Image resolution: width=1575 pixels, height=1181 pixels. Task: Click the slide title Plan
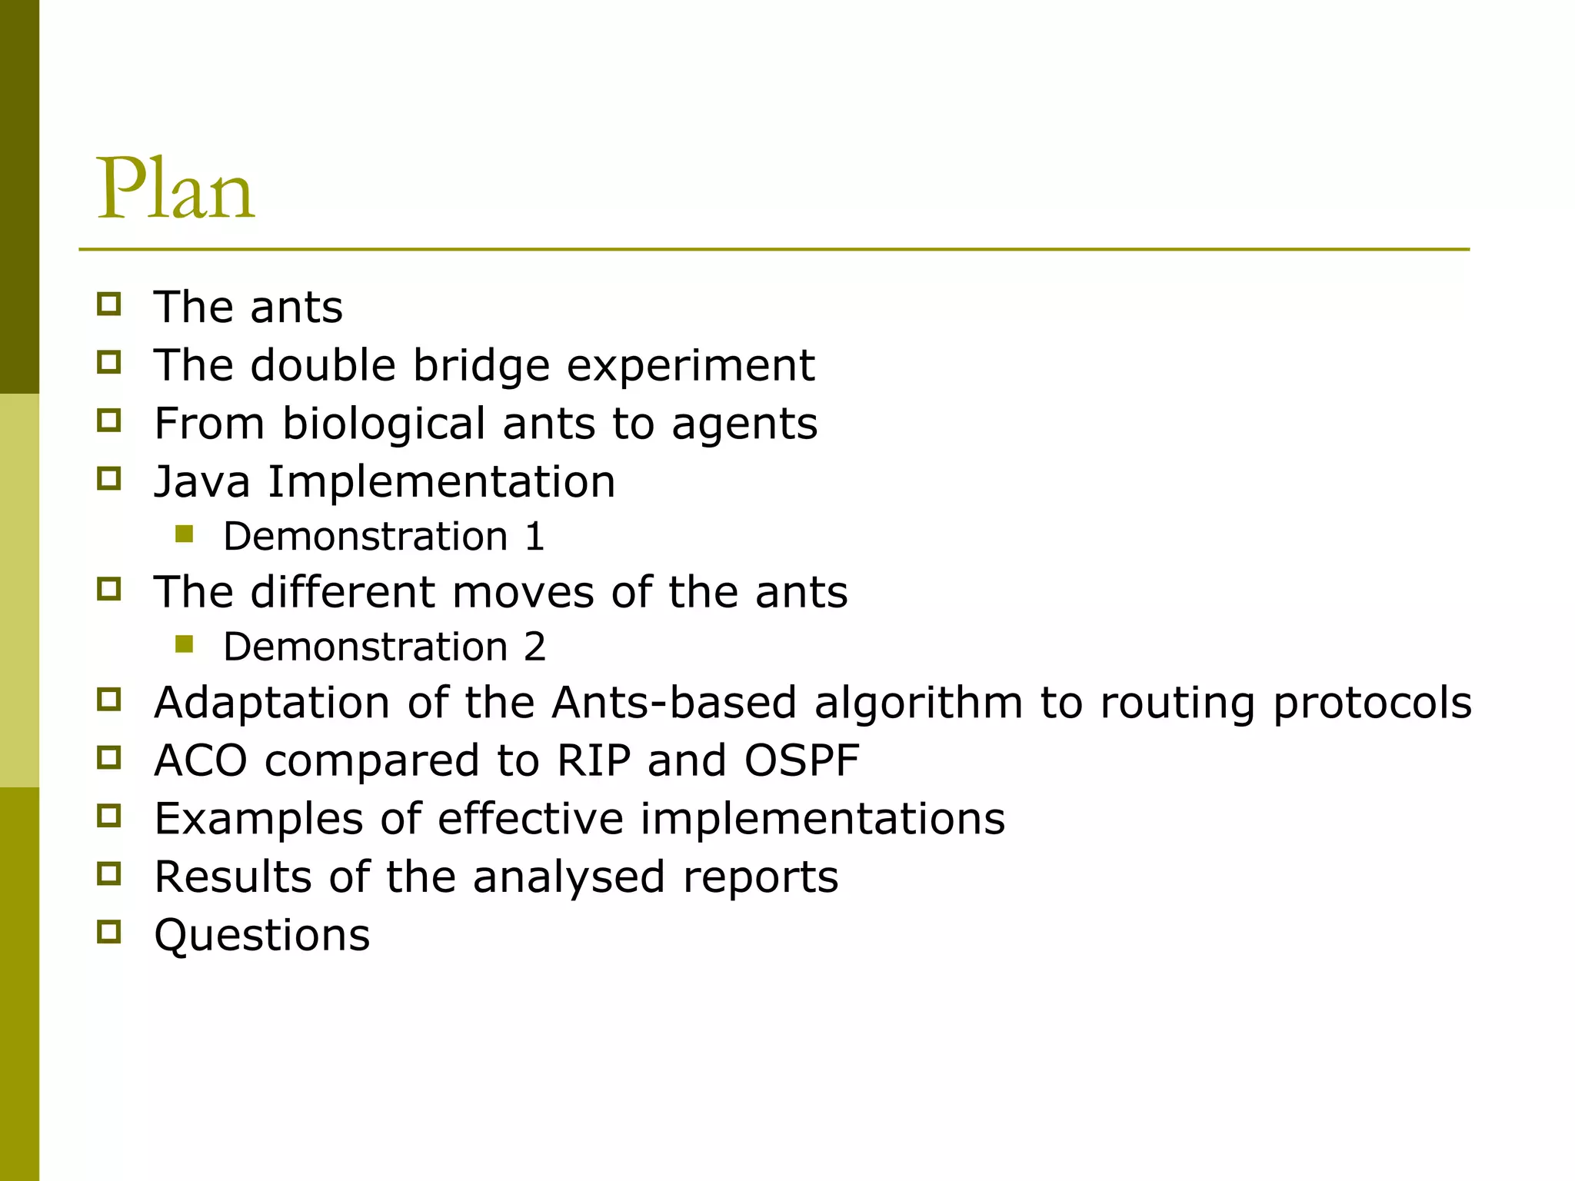tap(175, 189)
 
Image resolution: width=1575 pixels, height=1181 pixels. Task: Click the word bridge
tap(481, 365)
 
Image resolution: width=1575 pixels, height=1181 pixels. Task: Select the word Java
tap(201, 482)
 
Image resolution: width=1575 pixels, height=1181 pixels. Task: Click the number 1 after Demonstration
tap(535, 537)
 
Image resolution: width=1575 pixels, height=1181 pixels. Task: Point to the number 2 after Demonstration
tap(535, 647)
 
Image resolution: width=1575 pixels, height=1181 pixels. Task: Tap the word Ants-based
tap(674, 703)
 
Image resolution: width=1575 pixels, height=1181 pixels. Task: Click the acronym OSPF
tap(801, 760)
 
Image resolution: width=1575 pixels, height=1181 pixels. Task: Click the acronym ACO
tap(201, 760)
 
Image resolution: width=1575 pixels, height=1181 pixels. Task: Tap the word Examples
tap(258, 818)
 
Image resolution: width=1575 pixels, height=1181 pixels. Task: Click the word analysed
tap(568, 877)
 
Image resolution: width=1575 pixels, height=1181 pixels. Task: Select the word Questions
tap(262, 935)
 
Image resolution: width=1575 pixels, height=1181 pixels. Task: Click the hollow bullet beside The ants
tap(109, 304)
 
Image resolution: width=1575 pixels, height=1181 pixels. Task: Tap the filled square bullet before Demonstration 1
tap(184, 534)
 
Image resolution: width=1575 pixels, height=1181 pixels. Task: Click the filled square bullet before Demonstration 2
tap(184, 644)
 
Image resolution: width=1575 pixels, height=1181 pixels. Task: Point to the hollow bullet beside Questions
tap(109, 932)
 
